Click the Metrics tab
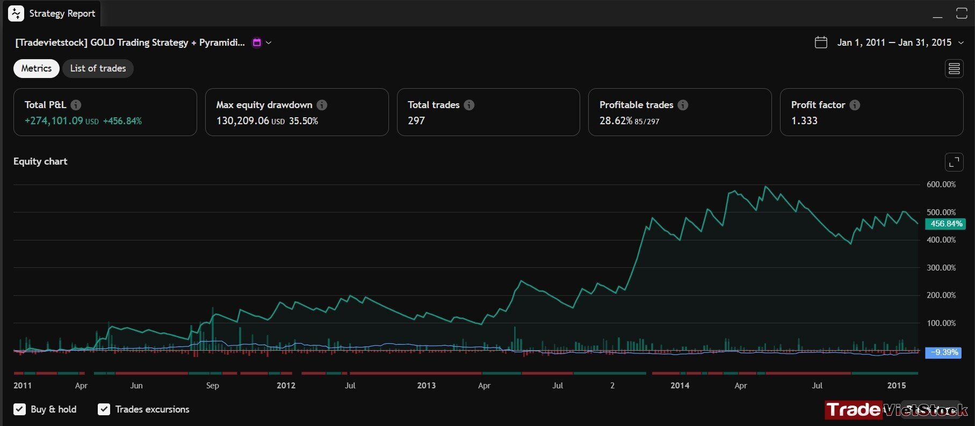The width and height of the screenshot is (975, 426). (37, 68)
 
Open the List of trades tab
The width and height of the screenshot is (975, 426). (98, 68)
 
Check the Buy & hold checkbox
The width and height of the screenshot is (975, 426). (20, 409)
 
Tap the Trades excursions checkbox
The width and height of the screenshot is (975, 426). (104, 409)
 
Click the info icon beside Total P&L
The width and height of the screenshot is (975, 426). (76, 105)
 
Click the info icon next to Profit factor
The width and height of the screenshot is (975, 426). (855, 105)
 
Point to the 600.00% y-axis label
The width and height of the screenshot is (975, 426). (941, 184)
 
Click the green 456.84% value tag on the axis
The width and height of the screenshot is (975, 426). (945, 224)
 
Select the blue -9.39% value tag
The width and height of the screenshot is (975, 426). (943, 352)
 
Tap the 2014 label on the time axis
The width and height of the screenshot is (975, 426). (680, 386)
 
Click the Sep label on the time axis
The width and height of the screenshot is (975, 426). (213, 386)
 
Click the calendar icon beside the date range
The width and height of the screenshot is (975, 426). (821, 42)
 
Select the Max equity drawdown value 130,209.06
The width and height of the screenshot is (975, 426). (243, 121)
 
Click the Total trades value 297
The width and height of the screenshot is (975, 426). (416, 121)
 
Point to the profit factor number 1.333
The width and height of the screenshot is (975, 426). (804, 121)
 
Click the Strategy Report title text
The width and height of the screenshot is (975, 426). (62, 13)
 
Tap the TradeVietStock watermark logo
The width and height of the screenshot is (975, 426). (896, 410)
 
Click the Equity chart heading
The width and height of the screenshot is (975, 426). (40, 161)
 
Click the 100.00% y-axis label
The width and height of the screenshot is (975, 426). (941, 323)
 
